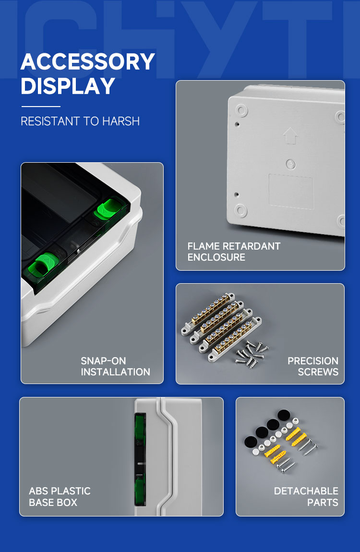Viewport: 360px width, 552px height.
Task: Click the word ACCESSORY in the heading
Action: coord(88,61)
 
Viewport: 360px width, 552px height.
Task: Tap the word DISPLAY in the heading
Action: coord(68,86)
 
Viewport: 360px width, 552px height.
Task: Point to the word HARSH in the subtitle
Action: coord(120,121)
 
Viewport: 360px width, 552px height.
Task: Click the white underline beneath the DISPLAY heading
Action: coord(41,106)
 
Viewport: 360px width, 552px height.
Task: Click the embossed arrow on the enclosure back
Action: coord(290,135)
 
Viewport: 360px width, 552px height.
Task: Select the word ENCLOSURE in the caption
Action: coord(216,257)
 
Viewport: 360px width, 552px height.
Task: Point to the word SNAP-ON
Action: coord(104,361)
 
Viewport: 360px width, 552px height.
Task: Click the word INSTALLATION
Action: coord(115,372)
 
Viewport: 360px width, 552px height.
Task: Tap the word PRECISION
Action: coord(313,361)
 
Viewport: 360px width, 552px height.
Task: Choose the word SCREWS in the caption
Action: coord(318,372)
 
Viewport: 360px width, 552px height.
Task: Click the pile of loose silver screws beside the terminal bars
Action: coord(252,353)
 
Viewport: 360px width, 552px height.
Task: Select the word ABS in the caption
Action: coord(37,491)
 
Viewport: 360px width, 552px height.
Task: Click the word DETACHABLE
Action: coord(306,491)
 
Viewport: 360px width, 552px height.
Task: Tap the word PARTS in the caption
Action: coord(323,503)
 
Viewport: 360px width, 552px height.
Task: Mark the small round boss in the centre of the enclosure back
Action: coord(290,164)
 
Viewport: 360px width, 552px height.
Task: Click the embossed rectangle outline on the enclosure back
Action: coord(291,192)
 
